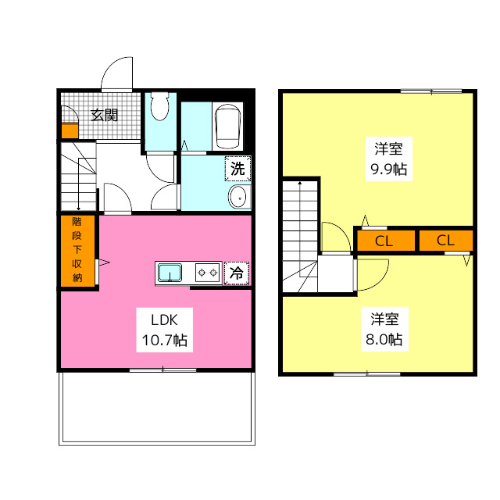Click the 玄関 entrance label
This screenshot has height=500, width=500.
pyautogui.click(x=104, y=116)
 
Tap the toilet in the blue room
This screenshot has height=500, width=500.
pyautogui.click(x=160, y=107)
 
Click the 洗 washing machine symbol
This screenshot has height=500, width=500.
pyautogui.click(x=237, y=167)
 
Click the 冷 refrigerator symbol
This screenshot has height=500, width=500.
pyautogui.click(x=236, y=273)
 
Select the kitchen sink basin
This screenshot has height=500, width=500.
pyautogui.click(x=170, y=273)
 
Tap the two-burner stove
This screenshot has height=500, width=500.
pyautogui.click(x=207, y=273)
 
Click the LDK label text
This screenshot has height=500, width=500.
pyautogui.click(x=164, y=319)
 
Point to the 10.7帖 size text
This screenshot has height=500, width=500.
pyautogui.click(x=164, y=340)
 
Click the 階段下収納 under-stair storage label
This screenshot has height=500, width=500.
pyautogui.click(x=77, y=250)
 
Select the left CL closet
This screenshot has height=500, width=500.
pyautogui.click(x=384, y=241)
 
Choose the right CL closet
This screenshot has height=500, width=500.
pyautogui.click(x=445, y=241)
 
